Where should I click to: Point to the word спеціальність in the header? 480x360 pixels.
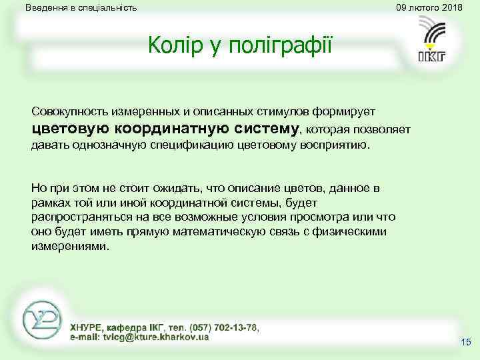pos(106,8)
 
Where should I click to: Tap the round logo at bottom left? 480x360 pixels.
pos(41,319)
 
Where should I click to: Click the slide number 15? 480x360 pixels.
pos(465,342)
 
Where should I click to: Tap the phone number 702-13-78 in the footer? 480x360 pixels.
pos(233,327)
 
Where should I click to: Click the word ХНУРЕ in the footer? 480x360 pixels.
pos(87,327)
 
